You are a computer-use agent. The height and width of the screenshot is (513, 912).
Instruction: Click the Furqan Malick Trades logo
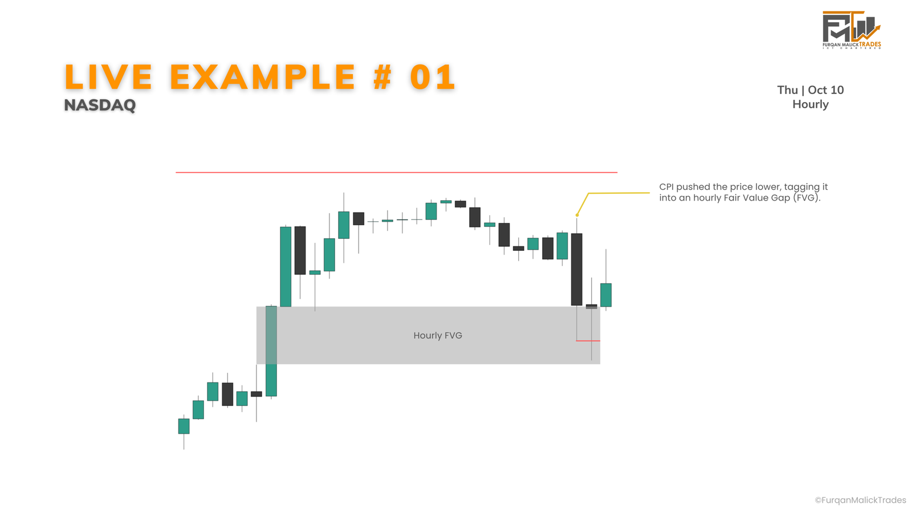tap(852, 30)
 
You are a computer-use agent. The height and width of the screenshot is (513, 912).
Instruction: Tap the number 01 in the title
tap(433, 77)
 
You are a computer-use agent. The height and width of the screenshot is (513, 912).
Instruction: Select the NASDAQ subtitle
tap(100, 105)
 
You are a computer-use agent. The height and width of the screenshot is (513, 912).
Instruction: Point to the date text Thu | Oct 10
tap(810, 90)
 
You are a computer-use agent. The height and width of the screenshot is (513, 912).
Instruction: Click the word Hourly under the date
tap(810, 104)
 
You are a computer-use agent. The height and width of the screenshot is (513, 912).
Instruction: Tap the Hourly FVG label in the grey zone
tap(438, 336)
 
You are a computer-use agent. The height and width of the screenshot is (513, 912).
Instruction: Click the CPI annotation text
tap(743, 192)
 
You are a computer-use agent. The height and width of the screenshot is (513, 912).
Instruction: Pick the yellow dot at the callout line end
tap(577, 215)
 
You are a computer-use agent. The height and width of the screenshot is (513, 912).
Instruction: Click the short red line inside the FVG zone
tap(588, 341)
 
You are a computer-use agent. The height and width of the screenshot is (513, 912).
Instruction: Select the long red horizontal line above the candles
tap(397, 172)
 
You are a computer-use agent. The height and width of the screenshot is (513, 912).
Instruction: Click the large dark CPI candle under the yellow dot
tap(576, 270)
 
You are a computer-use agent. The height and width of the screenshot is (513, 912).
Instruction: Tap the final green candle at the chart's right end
tap(606, 295)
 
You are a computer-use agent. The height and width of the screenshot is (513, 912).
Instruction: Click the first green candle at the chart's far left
tap(184, 426)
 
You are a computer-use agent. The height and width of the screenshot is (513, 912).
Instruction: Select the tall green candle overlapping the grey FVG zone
tap(271, 351)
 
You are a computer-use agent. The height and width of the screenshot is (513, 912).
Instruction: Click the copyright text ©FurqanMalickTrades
tap(860, 500)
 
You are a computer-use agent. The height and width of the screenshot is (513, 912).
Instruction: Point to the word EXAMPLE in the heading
tap(263, 77)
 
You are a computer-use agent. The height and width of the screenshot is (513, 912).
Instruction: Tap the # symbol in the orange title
tap(382, 77)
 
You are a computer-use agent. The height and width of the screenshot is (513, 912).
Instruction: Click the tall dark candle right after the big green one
tap(300, 250)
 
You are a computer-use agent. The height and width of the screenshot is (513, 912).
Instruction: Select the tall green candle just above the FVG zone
tap(286, 267)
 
